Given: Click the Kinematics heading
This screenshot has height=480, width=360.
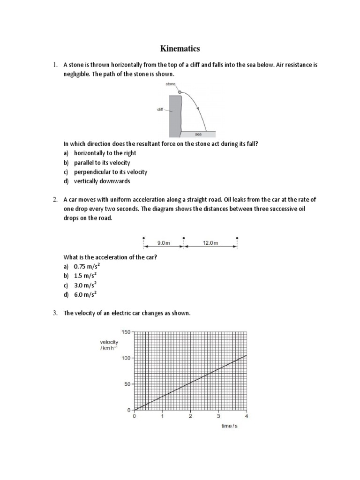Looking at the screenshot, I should click(x=180, y=48).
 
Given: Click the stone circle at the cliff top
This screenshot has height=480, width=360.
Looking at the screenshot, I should click(x=180, y=92).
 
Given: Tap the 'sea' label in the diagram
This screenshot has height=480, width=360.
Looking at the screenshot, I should click(x=198, y=134).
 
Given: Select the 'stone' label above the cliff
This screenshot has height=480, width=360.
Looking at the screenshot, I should click(x=170, y=84).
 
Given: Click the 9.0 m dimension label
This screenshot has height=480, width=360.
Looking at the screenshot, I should click(x=163, y=243).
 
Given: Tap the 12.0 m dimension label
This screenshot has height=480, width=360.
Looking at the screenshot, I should click(x=210, y=243).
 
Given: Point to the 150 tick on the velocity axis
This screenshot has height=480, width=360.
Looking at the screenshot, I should click(x=127, y=332).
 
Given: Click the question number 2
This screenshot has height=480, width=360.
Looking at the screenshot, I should click(x=55, y=200).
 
